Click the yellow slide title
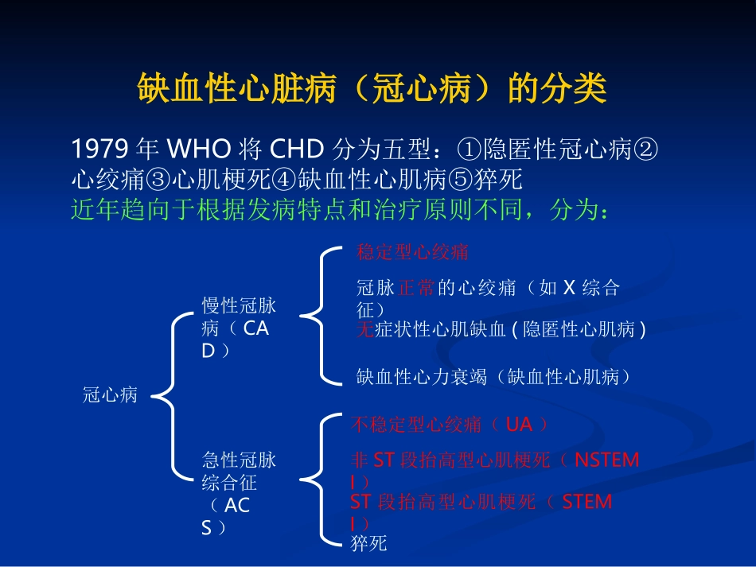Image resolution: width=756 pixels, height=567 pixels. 372,88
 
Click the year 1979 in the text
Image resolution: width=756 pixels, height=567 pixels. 99,149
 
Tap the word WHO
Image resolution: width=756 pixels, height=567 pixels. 199,149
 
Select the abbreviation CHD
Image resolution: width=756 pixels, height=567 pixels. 297,149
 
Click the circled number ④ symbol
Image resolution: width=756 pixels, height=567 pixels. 284,180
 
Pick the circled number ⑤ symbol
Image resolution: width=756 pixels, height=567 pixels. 461,180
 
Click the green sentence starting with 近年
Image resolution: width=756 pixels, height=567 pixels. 340,209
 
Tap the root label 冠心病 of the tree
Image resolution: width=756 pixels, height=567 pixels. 110,394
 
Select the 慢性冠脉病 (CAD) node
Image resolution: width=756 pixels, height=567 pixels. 239,328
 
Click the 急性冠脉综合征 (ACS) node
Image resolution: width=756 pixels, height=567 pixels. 239,493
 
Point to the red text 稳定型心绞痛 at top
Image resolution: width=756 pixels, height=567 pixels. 412,252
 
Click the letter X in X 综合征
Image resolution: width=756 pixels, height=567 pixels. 570,288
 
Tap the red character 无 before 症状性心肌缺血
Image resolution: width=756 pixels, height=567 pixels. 365,329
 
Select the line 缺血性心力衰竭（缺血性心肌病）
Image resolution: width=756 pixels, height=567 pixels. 493,377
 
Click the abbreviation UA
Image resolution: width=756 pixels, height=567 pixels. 519,425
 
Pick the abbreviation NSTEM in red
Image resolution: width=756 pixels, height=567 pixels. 606,460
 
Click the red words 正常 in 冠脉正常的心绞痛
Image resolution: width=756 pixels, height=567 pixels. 416,288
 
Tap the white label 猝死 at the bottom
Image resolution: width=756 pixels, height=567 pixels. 368,543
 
